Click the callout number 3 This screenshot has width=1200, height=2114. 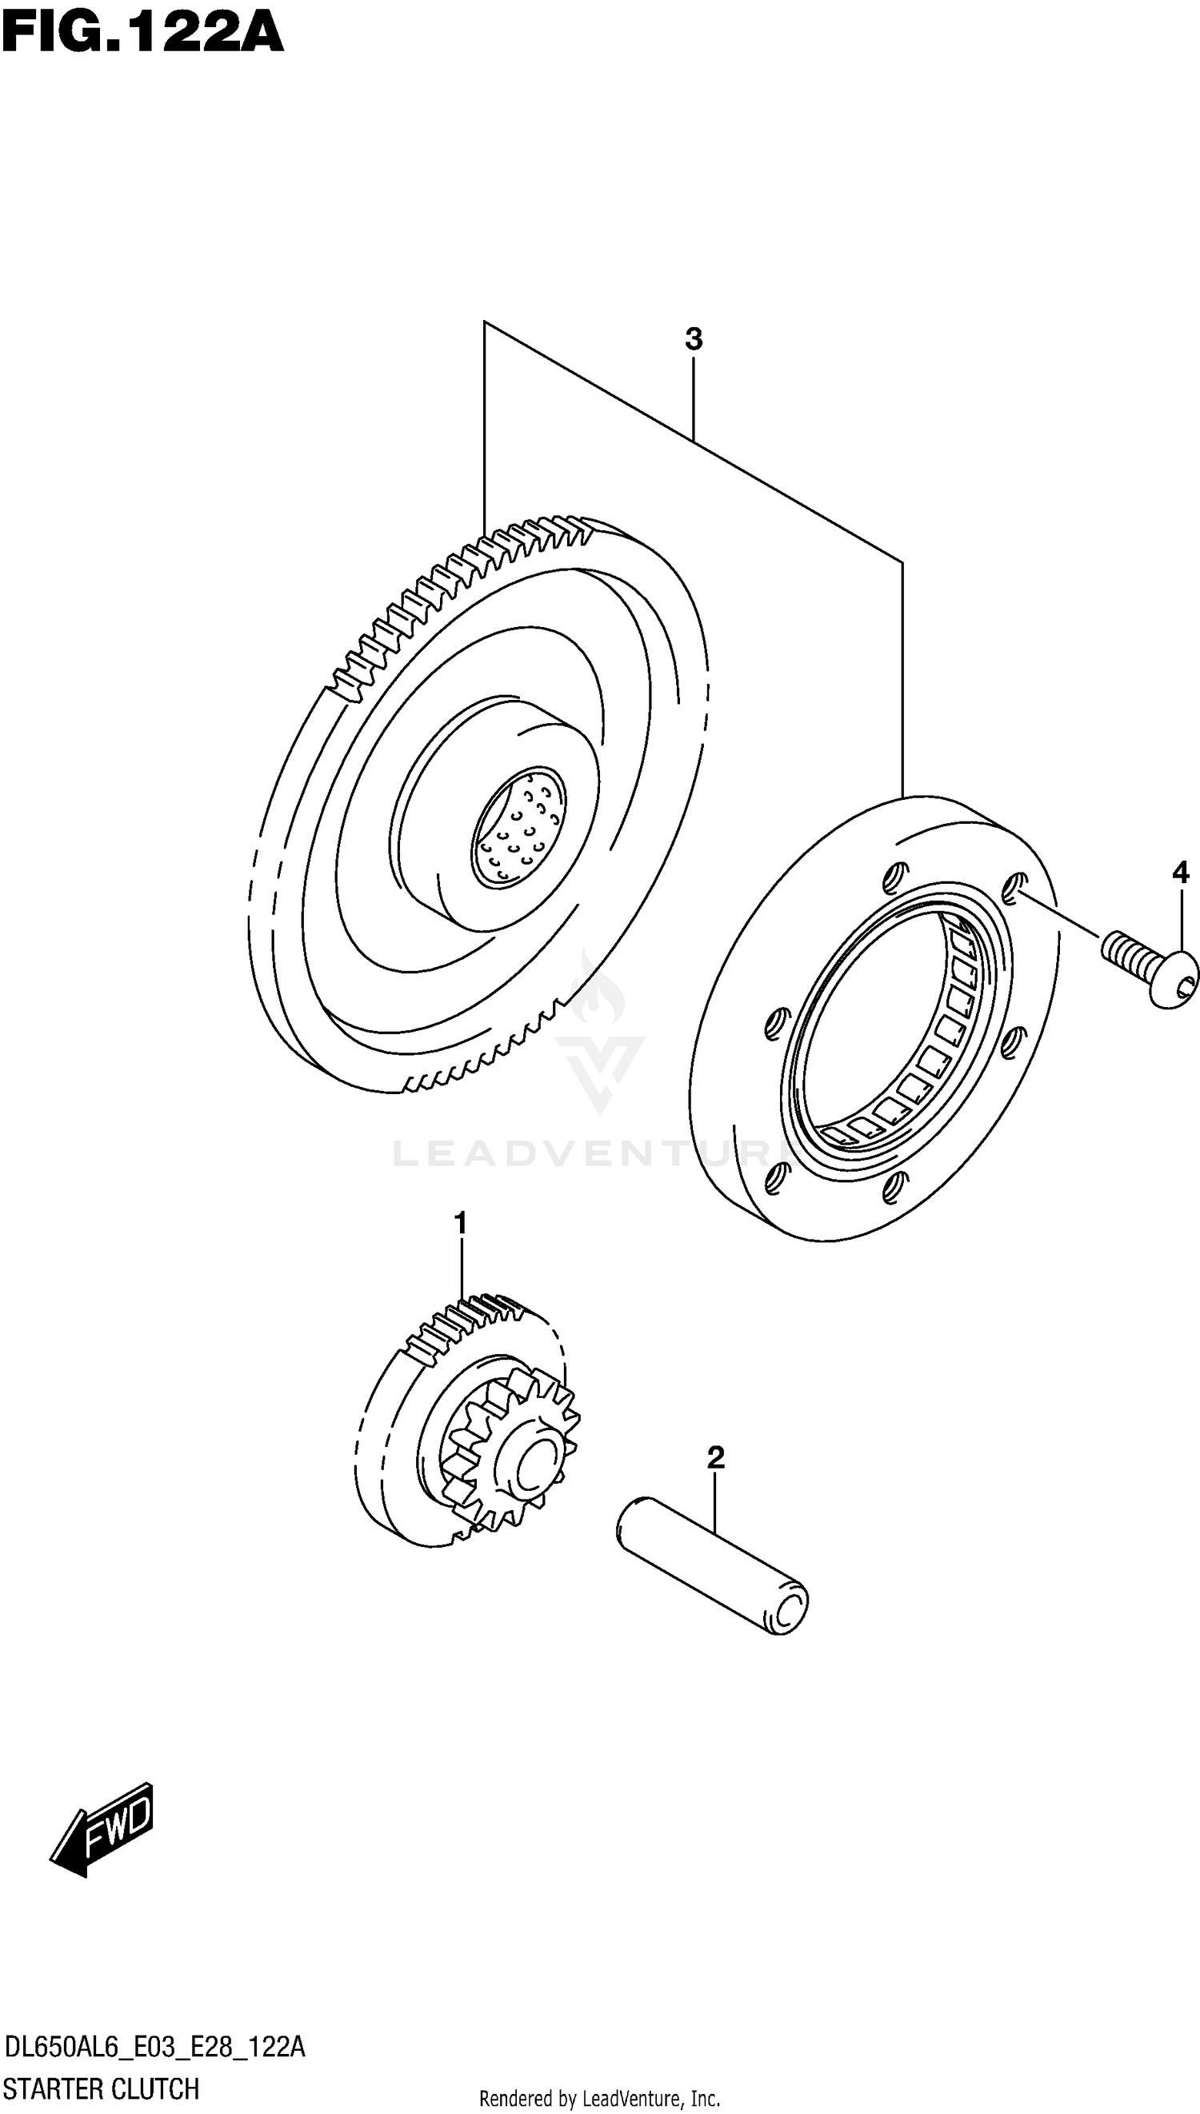coord(693,338)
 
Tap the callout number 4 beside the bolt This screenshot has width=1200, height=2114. coord(1180,871)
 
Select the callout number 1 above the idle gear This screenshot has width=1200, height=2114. coord(460,1223)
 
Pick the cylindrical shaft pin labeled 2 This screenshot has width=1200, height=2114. coord(712,1565)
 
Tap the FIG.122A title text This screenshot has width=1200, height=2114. coord(142,33)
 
